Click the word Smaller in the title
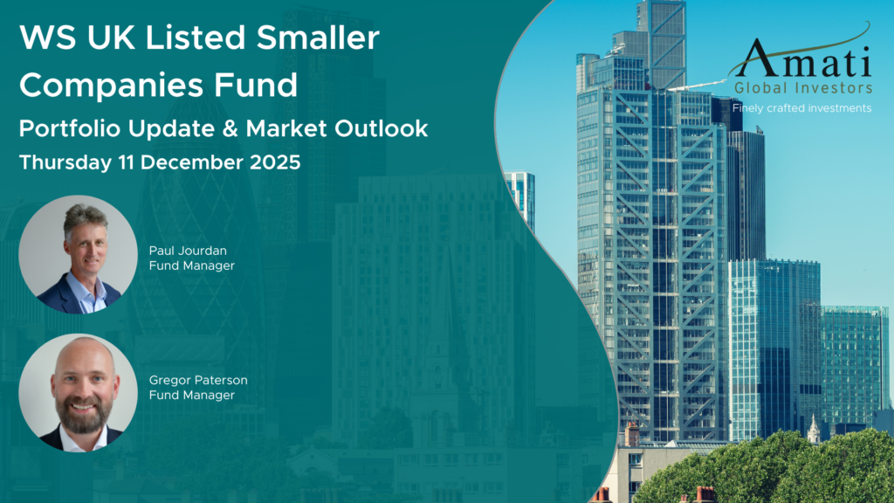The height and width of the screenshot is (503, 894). (318, 38)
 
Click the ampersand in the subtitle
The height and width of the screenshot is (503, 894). (230, 128)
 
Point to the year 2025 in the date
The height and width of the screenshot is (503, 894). (275, 162)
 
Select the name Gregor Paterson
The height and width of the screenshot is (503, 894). (198, 380)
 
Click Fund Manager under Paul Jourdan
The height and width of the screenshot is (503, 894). (191, 265)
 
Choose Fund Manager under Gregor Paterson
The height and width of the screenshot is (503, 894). (191, 396)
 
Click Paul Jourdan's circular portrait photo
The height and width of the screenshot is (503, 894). (78, 254)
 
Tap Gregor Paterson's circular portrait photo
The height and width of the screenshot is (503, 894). (78, 392)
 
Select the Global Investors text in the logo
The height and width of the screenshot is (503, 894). (803, 88)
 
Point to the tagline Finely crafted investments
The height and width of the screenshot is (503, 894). (801, 108)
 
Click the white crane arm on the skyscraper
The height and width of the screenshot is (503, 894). (697, 86)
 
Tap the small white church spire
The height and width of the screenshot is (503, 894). (814, 429)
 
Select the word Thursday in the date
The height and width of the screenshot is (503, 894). (65, 162)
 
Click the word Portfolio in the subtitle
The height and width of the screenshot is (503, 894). (70, 128)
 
